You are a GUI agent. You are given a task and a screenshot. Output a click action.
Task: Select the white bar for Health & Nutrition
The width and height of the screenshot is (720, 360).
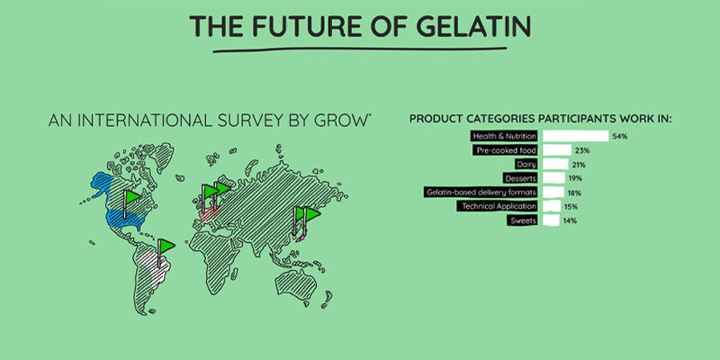click(x=576, y=136)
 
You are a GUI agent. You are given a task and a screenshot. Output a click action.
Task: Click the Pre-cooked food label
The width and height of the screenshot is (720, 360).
click(x=505, y=150)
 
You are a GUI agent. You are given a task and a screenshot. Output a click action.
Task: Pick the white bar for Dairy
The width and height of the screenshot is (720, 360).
click(x=555, y=165)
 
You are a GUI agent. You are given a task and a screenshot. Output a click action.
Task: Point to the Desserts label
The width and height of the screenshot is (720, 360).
click(x=520, y=178)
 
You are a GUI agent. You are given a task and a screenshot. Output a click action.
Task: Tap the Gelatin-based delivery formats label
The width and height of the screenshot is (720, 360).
click(x=481, y=193)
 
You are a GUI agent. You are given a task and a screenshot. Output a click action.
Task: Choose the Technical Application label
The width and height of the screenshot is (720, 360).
click(x=498, y=207)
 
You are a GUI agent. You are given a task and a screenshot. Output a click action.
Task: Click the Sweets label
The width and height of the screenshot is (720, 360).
click(x=523, y=220)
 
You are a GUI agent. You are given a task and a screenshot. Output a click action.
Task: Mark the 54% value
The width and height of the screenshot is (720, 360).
click(x=619, y=137)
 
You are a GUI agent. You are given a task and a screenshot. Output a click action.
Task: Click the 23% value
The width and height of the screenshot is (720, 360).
click(x=582, y=150)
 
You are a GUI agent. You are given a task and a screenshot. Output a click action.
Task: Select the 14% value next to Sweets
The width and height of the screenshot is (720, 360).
click(x=571, y=220)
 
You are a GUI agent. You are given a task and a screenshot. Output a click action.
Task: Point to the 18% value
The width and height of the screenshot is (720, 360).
click(x=575, y=193)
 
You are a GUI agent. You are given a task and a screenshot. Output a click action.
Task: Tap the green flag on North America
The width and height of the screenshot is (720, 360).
click(x=132, y=197)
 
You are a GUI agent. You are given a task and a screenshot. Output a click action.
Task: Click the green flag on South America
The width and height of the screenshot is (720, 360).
click(x=166, y=246)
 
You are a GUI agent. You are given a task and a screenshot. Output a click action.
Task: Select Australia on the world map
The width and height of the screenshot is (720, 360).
click(x=297, y=284)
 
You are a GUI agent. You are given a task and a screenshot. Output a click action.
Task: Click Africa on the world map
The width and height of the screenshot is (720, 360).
click(x=216, y=257)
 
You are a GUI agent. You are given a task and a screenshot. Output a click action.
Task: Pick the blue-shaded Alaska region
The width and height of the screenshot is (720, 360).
click(x=102, y=184)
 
